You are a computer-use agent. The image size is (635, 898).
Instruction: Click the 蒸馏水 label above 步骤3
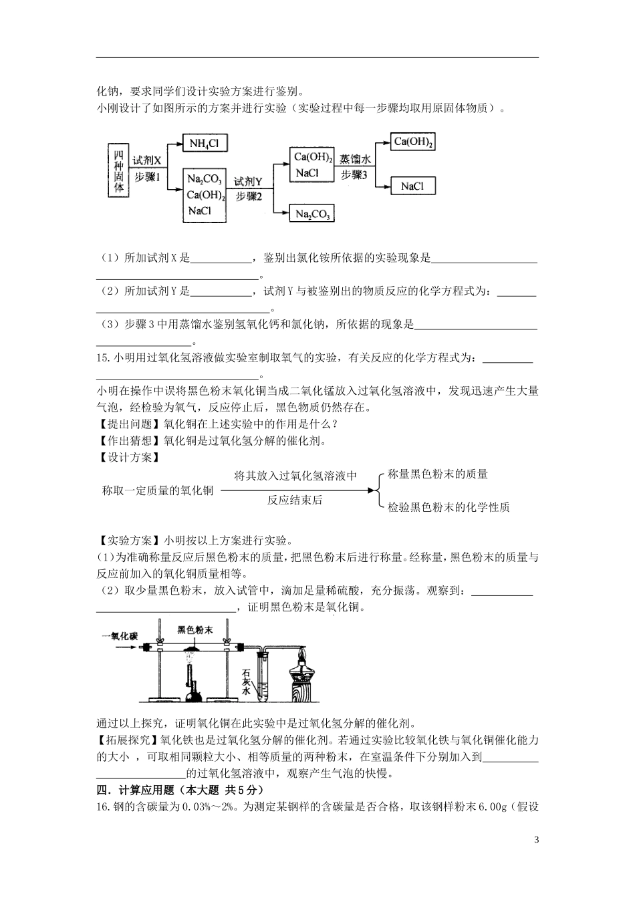pyautogui.click(x=354, y=160)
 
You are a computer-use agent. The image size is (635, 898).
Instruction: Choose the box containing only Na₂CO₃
pyautogui.click(x=311, y=214)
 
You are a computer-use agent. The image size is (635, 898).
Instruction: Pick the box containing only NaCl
pyautogui.click(x=412, y=186)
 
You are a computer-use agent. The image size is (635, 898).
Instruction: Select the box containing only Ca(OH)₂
pyautogui.click(x=414, y=142)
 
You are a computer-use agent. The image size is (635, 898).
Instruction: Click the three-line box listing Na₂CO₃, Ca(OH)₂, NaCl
pyautogui.click(x=206, y=194)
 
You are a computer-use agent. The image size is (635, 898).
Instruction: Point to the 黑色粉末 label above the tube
pyautogui.click(x=195, y=629)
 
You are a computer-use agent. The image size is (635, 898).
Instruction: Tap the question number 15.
pyautogui.click(x=102, y=359)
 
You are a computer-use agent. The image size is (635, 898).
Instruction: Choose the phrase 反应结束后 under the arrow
pyautogui.click(x=295, y=500)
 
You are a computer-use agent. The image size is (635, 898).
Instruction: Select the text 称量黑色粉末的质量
pyautogui.click(x=438, y=474)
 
